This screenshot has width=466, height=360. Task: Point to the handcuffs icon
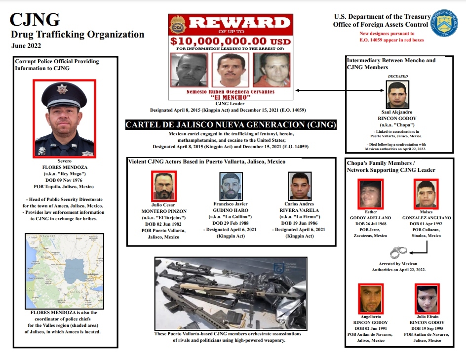click(398, 253)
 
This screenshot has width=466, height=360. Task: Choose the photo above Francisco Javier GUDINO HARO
click(231, 186)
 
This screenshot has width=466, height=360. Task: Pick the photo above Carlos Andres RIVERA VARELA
click(300, 186)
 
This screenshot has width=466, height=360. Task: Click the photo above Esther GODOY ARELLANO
click(371, 194)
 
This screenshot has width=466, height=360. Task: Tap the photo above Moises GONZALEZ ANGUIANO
click(427, 194)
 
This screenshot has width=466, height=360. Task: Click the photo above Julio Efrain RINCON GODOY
click(427, 298)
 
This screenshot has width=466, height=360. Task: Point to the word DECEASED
click(397, 77)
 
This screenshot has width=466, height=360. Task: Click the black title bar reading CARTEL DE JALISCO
click(232, 124)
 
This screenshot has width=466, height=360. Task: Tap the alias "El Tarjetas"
click(163, 218)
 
